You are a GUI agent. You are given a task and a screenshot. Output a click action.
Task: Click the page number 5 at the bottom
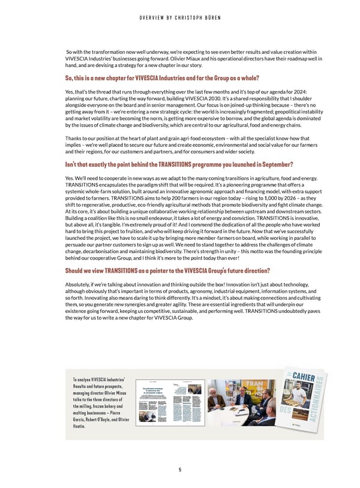(180, 469)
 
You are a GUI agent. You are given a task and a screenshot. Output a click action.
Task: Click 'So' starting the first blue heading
(68, 78)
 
